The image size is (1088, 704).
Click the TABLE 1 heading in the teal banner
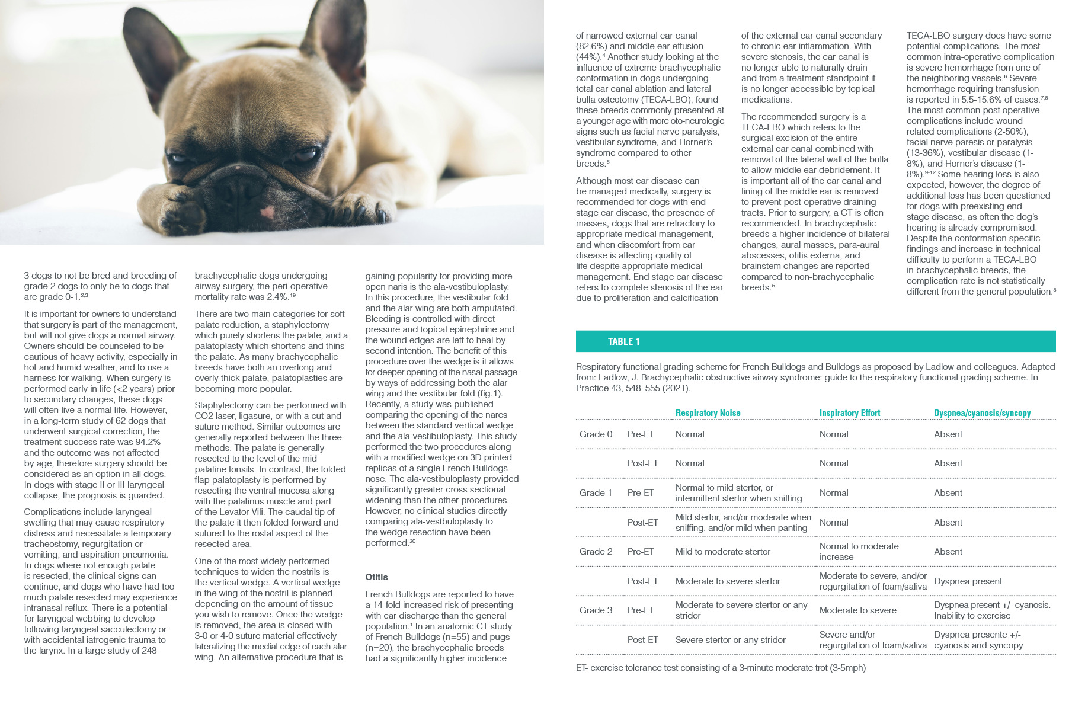pyautogui.click(x=623, y=341)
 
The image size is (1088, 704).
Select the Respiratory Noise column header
pyautogui.click(x=708, y=413)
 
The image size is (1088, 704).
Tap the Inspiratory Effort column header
pyautogui.click(x=849, y=413)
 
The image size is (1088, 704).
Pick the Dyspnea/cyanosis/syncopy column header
pyautogui.click(x=982, y=413)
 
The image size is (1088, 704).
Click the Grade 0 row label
pyautogui.click(x=596, y=434)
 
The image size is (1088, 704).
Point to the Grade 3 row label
pyautogui.click(x=596, y=610)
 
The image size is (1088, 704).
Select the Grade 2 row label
pyautogui.click(x=596, y=552)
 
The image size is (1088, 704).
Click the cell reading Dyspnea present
pyautogui.click(x=968, y=581)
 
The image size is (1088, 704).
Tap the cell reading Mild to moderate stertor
pyautogui.click(x=722, y=552)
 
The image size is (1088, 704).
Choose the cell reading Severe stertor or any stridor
pyautogui.click(x=730, y=640)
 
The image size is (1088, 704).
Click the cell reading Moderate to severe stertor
pyautogui.click(x=728, y=581)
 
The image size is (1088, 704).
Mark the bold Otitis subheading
pyautogui.click(x=376, y=577)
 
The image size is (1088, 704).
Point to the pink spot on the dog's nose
pyautogui.click(x=268, y=212)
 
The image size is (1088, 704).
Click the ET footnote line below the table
pyautogui.click(x=720, y=668)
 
